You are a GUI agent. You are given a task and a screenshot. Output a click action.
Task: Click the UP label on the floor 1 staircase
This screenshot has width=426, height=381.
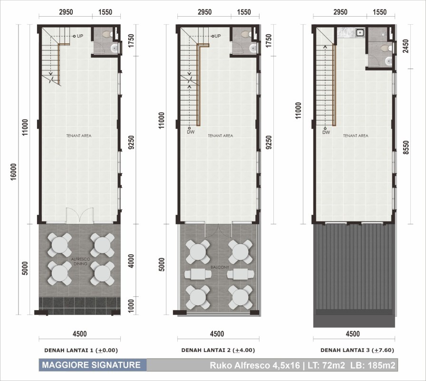(x=80, y=36)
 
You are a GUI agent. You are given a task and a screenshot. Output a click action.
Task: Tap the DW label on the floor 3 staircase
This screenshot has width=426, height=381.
(x=326, y=132)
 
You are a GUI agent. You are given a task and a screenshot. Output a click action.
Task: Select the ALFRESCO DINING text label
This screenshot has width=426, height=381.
(x=80, y=261)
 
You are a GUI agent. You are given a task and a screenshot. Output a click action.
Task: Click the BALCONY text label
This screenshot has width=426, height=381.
(x=220, y=267)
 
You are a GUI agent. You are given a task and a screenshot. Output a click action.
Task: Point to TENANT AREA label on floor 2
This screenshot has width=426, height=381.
(x=220, y=136)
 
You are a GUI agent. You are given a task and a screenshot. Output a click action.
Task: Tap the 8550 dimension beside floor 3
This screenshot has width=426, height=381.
(x=406, y=148)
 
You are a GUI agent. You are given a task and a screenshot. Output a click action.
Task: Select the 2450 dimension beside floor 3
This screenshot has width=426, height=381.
(x=406, y=46)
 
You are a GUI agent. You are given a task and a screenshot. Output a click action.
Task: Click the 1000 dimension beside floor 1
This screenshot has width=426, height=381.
(x=131, y=306)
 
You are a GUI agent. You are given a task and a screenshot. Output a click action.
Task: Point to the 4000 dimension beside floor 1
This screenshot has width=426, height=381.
(x=131, y=261)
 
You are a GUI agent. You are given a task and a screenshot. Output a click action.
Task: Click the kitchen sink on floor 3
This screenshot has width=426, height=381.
(x=360, y=33)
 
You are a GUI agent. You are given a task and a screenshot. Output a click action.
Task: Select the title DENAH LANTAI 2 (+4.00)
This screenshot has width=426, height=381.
(x=218, y=350)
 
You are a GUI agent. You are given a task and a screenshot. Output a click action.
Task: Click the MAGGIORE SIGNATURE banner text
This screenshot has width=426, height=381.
(x=91, y=365)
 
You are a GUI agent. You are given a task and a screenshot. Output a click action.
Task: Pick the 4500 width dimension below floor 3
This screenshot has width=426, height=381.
(x=353, y=334)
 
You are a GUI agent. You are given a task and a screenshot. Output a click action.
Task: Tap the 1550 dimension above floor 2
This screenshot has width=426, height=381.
(x=244, y=12)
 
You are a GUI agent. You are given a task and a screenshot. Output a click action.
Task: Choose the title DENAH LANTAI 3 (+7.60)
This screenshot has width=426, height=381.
(x=357, y=350)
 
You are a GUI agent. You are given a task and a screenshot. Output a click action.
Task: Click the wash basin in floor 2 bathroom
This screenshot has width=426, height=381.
(x=253, y=49)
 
